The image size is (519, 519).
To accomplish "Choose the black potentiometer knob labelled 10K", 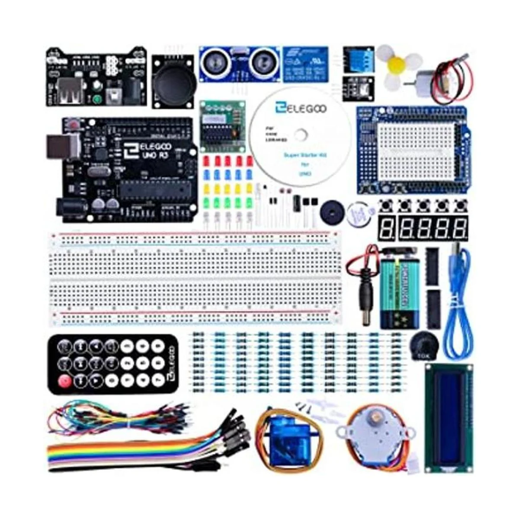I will click(422, 346).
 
